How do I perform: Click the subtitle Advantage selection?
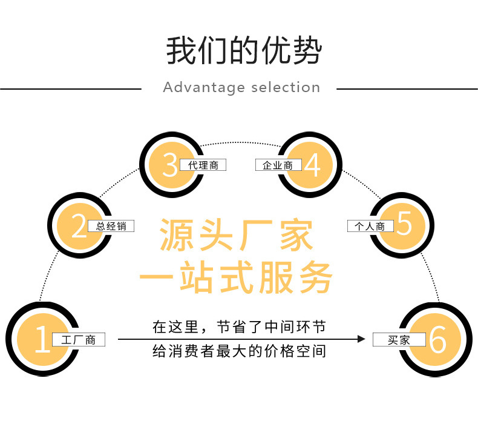241,88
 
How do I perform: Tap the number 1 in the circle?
42,339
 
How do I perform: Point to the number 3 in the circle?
170,164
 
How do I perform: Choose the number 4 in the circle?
312,165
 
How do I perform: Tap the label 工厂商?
79,340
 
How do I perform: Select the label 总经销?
111,227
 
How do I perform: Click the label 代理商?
203,165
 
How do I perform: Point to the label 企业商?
278,165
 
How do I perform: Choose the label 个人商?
370,227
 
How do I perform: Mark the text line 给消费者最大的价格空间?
239,351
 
